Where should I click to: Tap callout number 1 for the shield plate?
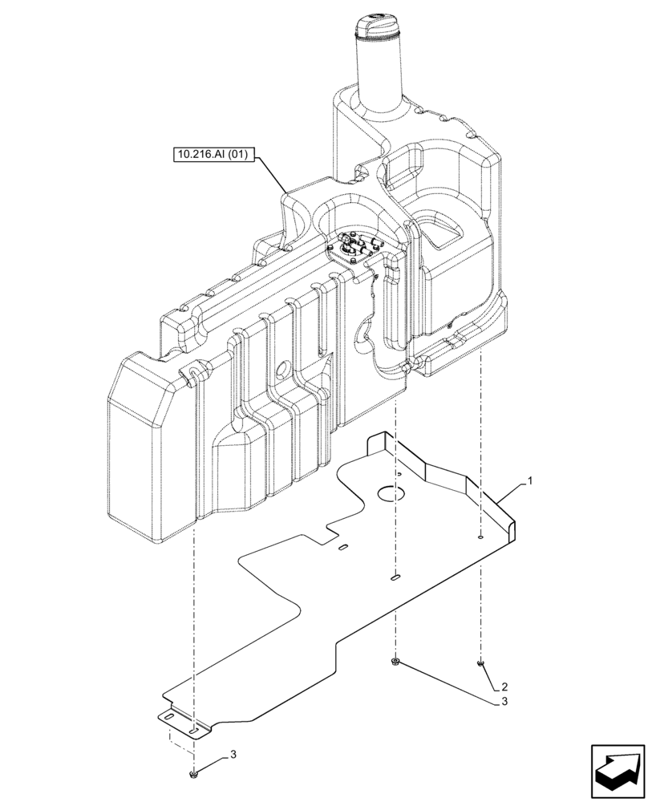(529, 482)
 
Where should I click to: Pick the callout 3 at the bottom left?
(233, 754)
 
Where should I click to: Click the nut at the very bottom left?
(193, 775)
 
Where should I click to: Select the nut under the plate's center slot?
(395, 662)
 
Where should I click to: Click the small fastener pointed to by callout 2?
(480, 662)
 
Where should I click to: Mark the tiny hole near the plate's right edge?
(480, 538)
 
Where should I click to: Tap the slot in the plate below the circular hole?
(395, 576)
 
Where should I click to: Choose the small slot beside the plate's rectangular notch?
(342, 549)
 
